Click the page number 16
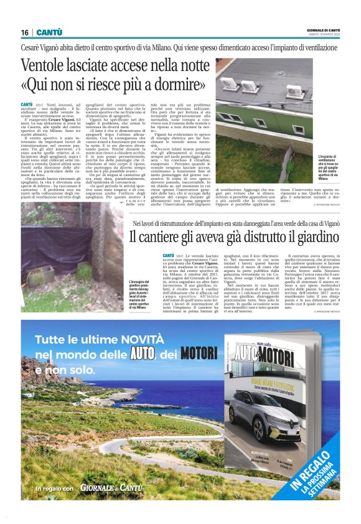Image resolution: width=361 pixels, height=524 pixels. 25,32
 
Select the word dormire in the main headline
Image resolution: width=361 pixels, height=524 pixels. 185,85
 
